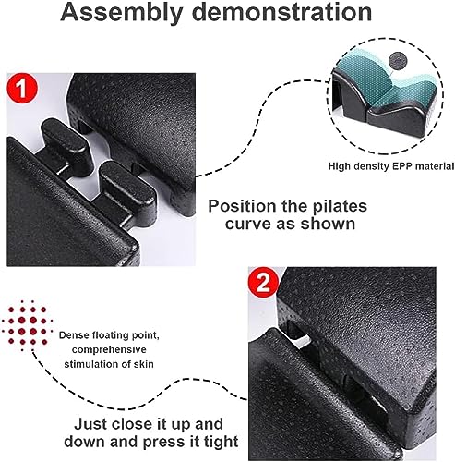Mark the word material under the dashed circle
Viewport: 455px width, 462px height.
pos(435,167)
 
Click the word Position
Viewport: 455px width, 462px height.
pos(244,207)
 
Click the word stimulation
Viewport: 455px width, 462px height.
pos(95,363)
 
